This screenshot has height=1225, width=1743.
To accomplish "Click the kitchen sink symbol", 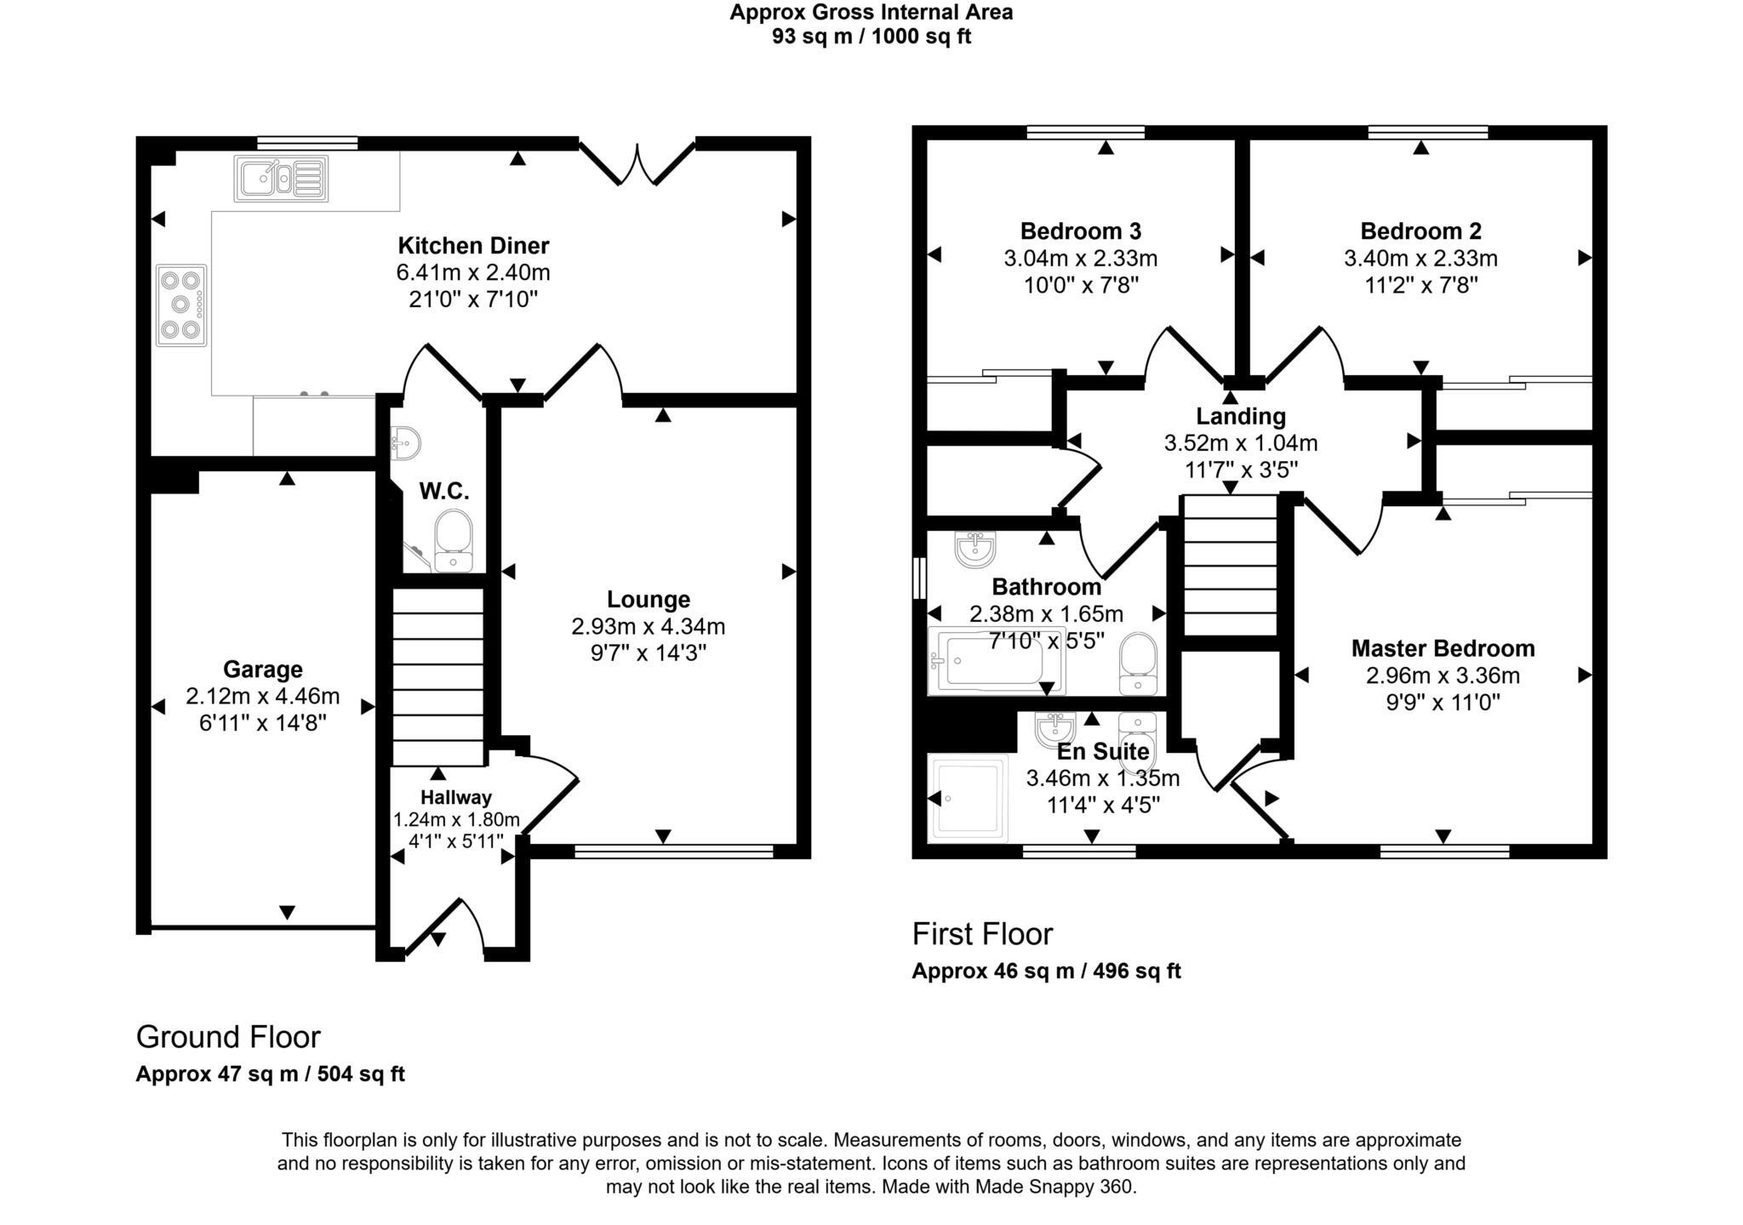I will pos(281,179).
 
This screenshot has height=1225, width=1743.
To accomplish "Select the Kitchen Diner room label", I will pos(473,246).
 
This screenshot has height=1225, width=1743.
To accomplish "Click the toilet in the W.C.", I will pos(453,540).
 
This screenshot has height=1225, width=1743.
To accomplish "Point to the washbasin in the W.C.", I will pos(405,442).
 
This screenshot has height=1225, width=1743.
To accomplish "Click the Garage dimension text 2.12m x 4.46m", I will pos(262,697).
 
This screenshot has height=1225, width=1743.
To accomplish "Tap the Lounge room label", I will pos(648,600).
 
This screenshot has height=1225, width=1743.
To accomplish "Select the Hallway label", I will pos(456,797).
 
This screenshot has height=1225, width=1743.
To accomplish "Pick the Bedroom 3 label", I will pos(1080,231).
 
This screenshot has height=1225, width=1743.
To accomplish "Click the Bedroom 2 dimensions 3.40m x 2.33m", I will pos(1420,259).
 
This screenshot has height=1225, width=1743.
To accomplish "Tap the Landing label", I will pos(1240,417).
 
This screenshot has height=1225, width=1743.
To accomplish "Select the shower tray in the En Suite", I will pos(969,797).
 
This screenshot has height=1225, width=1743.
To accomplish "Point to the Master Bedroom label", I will pos(1443,649).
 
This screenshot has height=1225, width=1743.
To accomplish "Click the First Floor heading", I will pos(982,934).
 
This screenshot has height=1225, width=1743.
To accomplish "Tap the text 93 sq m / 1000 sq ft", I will pos(871,37).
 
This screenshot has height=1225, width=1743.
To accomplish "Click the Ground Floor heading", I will pos(228,1037).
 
